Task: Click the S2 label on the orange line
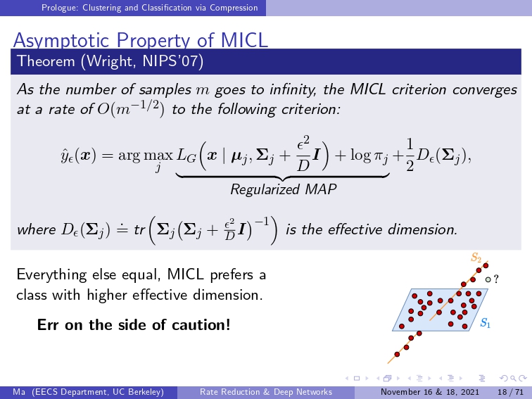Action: [x=476, y=258]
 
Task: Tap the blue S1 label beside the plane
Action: [x=485, y=323]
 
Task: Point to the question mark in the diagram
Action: [x=496, y=279]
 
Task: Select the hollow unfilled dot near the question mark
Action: [x=488, y=279]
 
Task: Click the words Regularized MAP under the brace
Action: [x=284, y=189]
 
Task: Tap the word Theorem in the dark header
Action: [x=46, y=61]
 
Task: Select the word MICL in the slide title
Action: [x=244, y=40]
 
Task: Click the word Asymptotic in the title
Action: [x=61, y=41]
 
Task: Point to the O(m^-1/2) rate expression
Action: [x=131, y=108]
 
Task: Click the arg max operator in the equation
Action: [x=145, y=156]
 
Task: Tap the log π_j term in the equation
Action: [x=369, y=156]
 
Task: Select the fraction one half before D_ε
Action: [x=410, y=156]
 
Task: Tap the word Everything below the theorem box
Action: [x=51, y=275]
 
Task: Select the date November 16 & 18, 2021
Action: [x=430, y=392]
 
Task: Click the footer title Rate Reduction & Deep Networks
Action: [x=266, y=392]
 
